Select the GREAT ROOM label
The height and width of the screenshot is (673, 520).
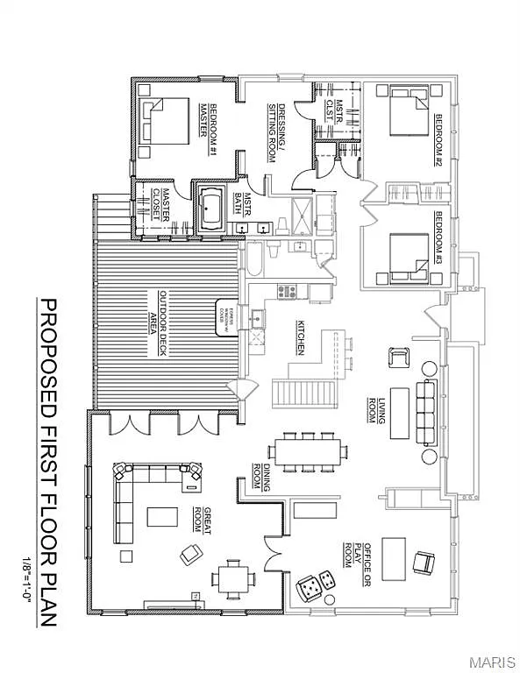click(x=203, y=520)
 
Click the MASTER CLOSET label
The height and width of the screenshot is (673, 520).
click(x=161, y=204)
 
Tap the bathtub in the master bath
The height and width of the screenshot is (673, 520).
click(x=210, y=209)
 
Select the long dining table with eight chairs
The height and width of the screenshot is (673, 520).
click(x=307, y=451)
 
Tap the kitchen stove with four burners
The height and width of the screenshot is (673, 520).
click(x=287, y=291)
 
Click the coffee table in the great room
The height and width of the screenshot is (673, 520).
click(x=162, y=517)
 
